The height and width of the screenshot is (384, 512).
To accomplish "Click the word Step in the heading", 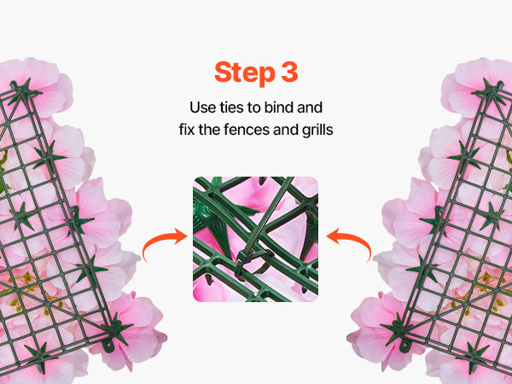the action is [x=245, y=73].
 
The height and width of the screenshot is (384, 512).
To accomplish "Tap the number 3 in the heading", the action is [x=289, y=72].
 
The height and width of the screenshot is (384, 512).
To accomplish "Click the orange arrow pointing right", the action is [x=164, y=241].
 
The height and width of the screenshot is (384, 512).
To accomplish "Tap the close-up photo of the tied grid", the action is [x=256, y=239].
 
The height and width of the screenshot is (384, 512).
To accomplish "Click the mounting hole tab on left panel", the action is [x=108, y=345].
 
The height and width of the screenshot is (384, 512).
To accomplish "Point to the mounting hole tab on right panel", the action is [x=405, y=345].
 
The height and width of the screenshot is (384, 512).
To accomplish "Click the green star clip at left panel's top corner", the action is [x=22, y=90].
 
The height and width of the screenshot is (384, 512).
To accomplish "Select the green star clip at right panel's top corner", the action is [x=491, y=90].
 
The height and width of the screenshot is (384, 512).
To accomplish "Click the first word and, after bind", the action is [x=310, y=108].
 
